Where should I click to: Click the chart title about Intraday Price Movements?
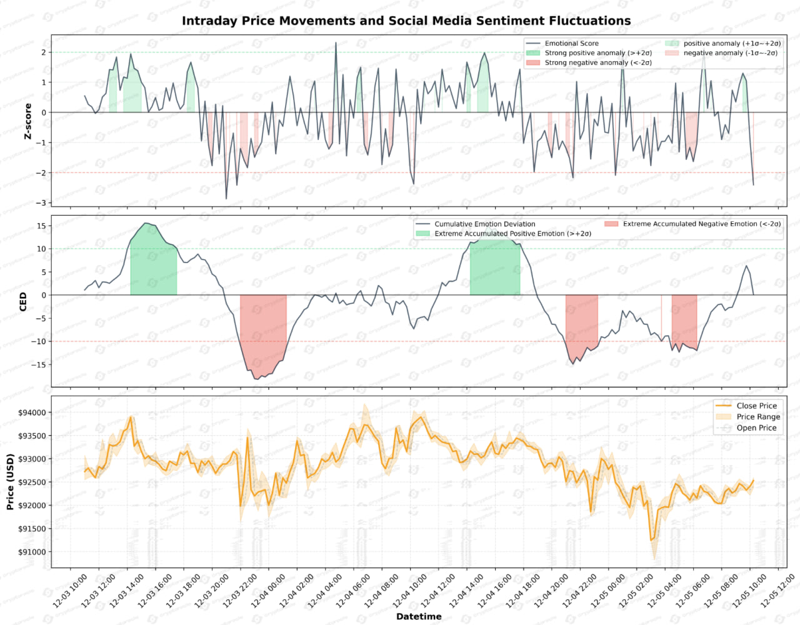[406, 21]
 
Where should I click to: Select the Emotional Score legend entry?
[571, 43]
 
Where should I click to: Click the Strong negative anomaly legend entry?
[597, 62]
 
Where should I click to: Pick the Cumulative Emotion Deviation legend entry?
[484, 224]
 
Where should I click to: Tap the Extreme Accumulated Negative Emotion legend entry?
[701, 224]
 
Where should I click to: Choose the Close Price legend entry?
[756, 406]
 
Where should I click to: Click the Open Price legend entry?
[756, 428]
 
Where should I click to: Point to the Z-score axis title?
[27, 121]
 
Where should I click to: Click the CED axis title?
[23, 301]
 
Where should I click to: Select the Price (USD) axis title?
[10, 482]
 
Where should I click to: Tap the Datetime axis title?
[419, 617]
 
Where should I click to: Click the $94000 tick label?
[32, 412]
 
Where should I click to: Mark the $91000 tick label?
[32, 552]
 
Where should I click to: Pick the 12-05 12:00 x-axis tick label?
[778, 591]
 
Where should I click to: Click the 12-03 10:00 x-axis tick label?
[71, 591]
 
